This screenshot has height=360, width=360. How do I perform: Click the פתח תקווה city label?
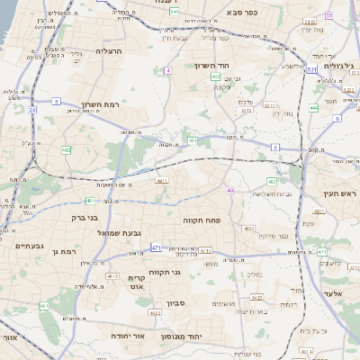208,220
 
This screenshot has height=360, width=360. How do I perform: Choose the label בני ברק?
84,218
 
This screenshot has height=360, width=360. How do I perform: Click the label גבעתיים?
30,245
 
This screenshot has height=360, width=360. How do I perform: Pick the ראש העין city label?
337,193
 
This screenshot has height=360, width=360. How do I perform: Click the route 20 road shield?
32,110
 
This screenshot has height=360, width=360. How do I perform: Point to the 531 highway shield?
310,69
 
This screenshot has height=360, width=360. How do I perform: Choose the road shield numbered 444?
313,108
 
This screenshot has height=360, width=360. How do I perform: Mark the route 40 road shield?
230,190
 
